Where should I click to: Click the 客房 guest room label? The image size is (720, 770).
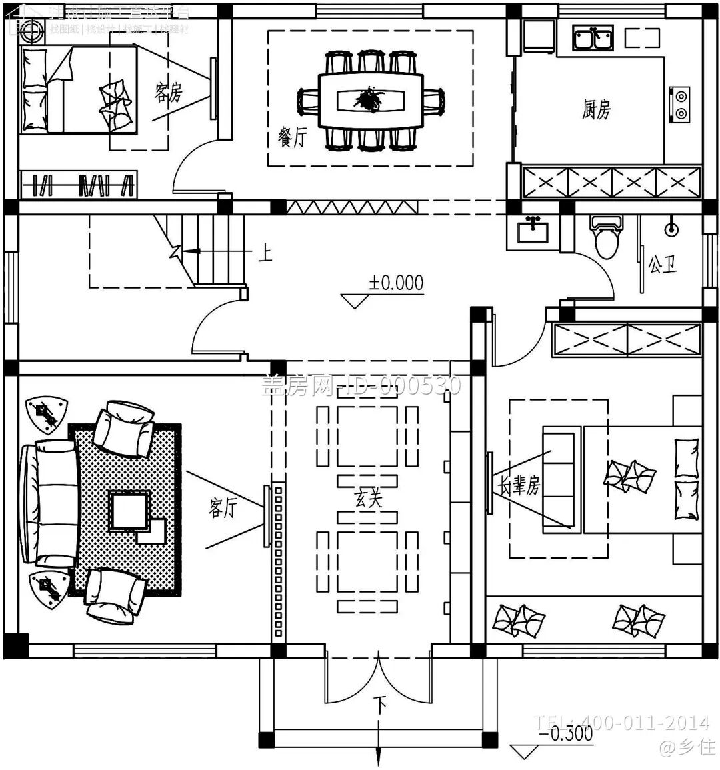168,93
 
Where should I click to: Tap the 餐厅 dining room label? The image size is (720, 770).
292,138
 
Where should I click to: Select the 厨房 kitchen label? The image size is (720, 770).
595,109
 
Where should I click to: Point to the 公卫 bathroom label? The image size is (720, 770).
662,265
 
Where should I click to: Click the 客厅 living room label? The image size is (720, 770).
223,509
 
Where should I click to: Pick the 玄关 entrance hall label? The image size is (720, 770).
368,497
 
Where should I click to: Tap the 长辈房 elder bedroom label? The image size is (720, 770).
517,486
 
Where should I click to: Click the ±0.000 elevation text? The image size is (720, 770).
397,283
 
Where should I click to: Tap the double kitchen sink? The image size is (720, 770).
592,38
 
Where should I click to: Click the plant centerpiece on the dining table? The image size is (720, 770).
368,101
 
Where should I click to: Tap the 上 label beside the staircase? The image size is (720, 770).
265,253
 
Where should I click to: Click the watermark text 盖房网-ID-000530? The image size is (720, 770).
361,385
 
